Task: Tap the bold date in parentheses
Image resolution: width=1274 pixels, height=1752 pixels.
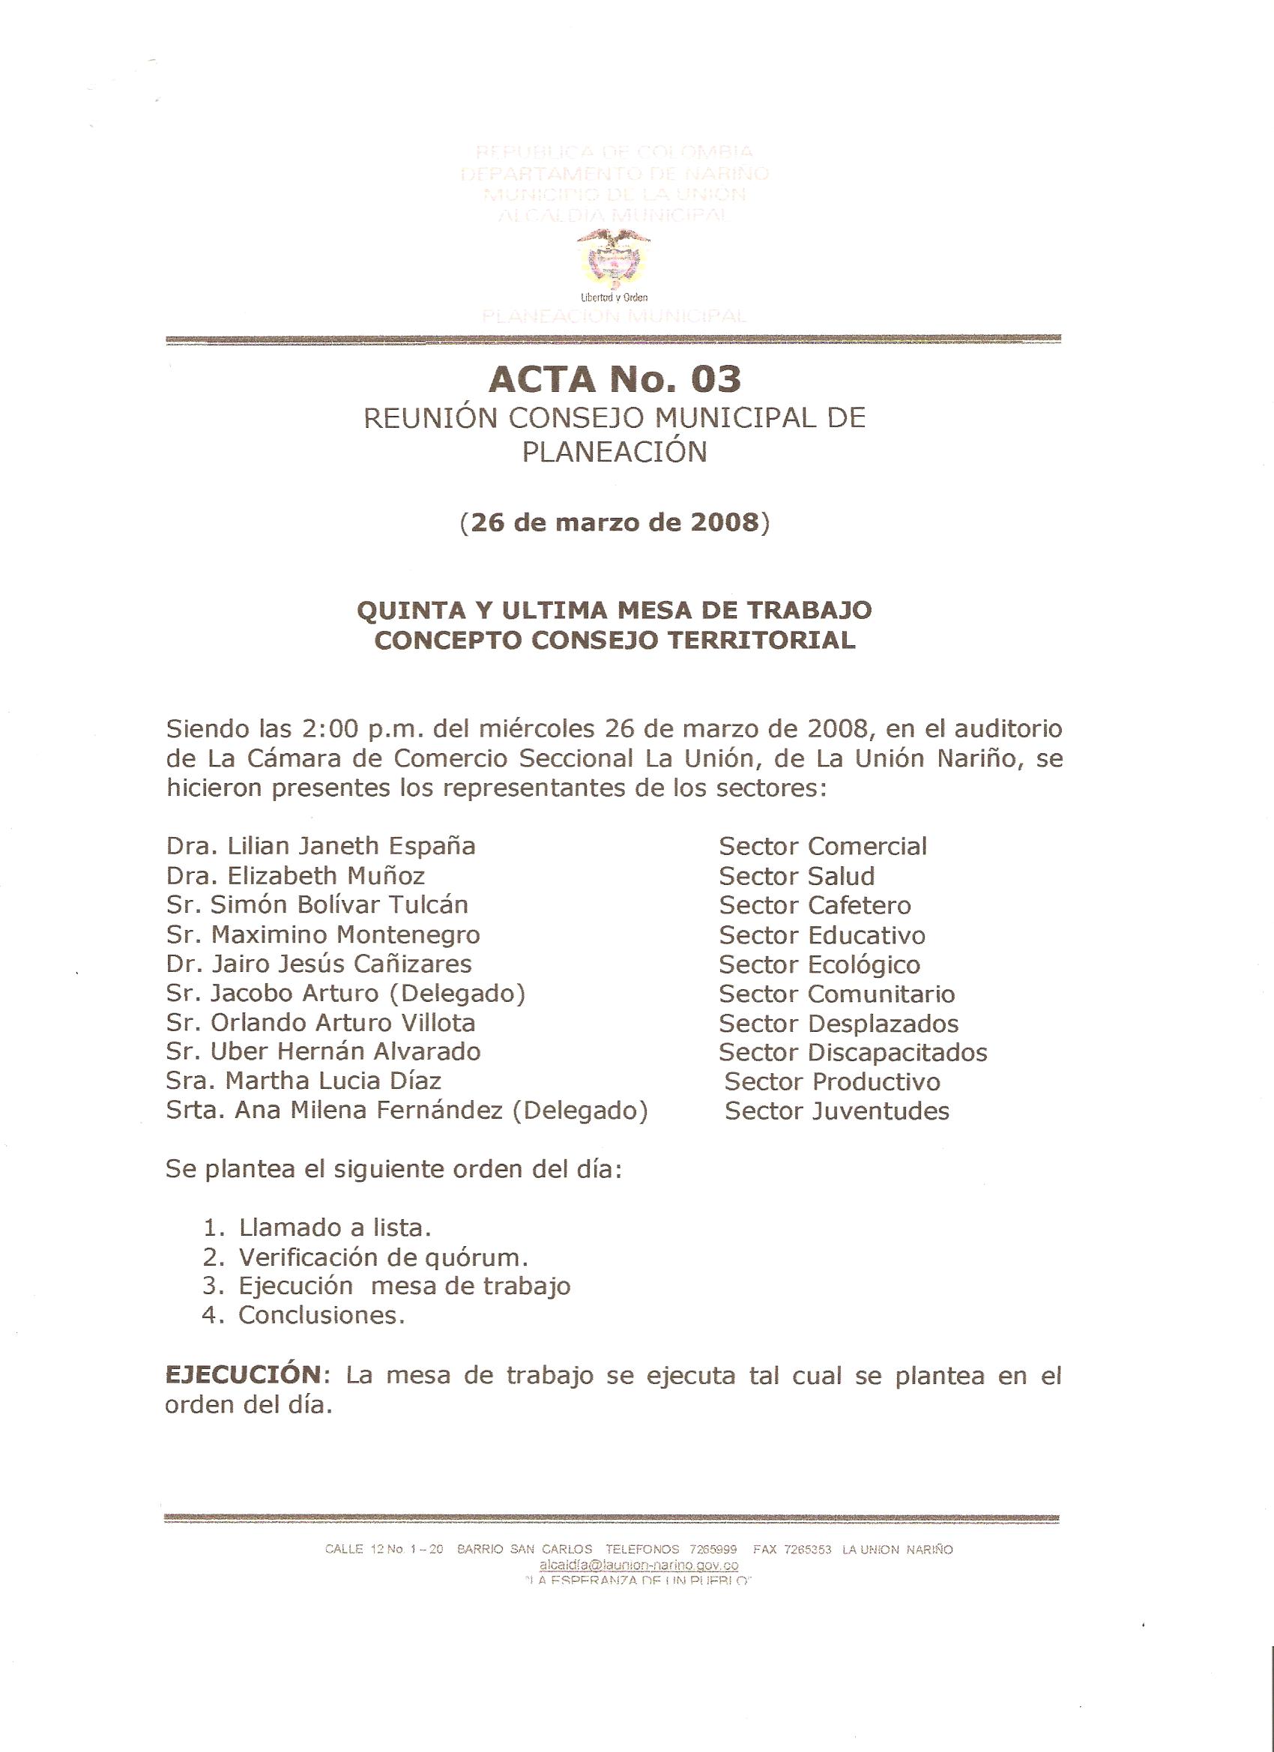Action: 615,523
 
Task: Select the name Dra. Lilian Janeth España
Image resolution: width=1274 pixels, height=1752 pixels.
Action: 321,846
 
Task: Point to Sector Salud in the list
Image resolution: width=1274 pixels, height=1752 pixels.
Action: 797,876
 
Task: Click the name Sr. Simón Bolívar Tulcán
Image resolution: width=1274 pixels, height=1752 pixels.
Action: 317,904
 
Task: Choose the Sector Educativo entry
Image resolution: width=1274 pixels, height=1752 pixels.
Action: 822,934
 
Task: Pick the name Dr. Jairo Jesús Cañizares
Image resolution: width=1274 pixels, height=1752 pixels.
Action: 318,964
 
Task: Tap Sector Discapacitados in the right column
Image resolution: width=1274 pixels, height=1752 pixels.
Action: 853,1052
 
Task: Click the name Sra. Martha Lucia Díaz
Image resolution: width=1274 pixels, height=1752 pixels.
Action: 303,1081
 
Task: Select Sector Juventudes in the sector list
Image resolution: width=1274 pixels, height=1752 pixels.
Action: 836,1111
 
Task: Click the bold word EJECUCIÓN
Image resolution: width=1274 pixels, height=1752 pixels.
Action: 243,1375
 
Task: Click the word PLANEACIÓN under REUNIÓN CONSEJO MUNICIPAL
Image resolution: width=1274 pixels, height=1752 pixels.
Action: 615,452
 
